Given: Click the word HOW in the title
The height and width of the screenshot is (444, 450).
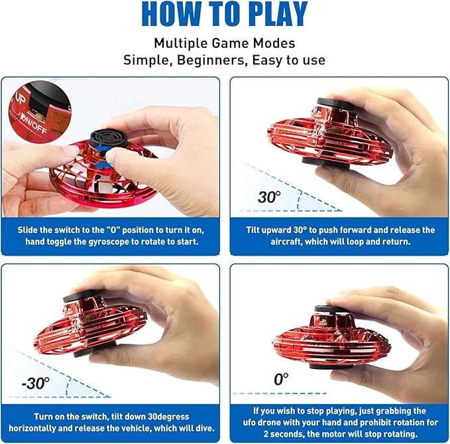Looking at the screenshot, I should pyautogui.click(x=168, y=15).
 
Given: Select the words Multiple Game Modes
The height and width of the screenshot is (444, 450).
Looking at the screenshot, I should pyautogui.click(x=224, y=43).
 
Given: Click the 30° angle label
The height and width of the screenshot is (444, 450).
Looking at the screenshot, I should pyautogui.click(x=269, y=197).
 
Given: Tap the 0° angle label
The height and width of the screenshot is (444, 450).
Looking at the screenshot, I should pyautogui.click(x=281, y=378).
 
